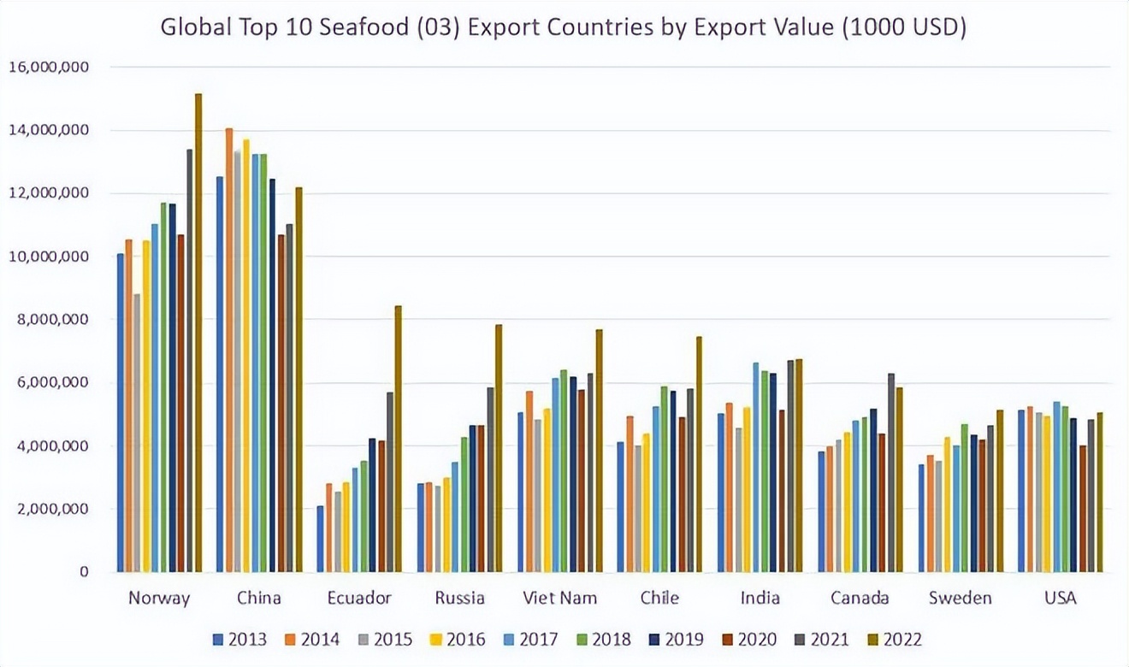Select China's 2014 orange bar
(228, 351)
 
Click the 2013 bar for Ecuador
(320, 539)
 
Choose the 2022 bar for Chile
(699, 454)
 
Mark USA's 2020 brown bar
(1083, 509)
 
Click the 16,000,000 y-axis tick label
(49, 67)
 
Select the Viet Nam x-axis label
(560, 598)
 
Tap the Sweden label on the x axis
(961, 598)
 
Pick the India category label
(760, 598)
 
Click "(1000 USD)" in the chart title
(905, 28)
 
